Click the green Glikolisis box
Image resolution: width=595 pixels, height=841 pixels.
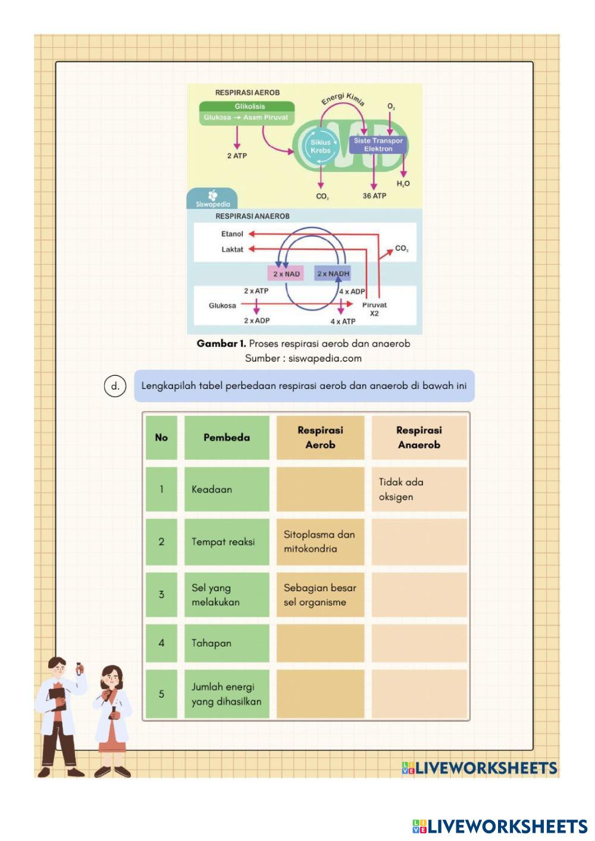coord(247,113)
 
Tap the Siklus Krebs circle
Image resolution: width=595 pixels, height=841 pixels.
coord(320,146)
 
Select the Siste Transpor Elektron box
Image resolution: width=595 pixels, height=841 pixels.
coord(378,145)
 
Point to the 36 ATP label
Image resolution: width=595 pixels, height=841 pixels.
coord(374,196)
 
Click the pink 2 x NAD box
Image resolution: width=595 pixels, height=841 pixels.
coord(286,274)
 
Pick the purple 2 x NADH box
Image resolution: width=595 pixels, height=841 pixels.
coord(333,274)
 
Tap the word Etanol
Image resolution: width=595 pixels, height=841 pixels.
coord(232,234)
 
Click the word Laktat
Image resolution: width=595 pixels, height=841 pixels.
coord(232,249)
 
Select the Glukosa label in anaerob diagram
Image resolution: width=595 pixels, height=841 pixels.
coord(223,306)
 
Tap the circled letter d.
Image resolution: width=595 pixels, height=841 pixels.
coord(115,386)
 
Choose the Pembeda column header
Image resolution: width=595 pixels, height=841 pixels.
coord(227,437)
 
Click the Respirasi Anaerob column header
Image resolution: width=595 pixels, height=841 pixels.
coord(419,437)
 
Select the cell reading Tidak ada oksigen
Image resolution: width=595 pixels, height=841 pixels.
coord(419,489)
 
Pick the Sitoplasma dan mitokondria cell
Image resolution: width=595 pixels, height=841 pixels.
coord(321,542)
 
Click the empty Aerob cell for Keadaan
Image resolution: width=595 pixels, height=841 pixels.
coord(321,489)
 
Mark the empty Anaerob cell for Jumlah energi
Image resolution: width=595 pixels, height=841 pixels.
coord(419,694)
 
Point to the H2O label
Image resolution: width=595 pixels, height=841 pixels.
coord(403,184)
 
